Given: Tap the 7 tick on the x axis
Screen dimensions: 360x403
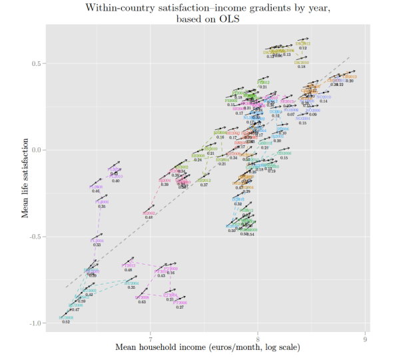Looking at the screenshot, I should pyautogui.click(x=151, y=336).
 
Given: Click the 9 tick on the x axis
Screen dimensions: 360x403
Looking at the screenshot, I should pyautogui.click(x=365, y=336).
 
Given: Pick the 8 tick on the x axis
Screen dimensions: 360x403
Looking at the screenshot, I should pyautogui.click(x=258, y=336).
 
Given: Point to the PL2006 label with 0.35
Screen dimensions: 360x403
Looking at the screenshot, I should pyautogui.click(x=101, y=201).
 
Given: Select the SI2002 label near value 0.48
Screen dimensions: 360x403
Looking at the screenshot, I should pyautogui.click(x=149, y=213).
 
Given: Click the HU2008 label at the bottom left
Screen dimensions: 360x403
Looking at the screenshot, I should pyautogui.click(x=66, y=318).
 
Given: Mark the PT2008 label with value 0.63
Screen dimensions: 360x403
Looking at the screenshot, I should pyautogui.click(x=141, y=297).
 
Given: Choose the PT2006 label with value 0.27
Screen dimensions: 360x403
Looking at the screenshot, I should pyautogui.click(x=180, y=302).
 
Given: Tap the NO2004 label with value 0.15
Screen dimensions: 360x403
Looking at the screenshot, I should pyautogui.click(x=302, y=118).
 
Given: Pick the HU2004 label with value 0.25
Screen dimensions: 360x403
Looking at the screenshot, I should pyautogui.click(x=132, y=283).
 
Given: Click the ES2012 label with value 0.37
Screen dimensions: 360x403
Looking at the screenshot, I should pyautogui.click(x=204, y=180).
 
